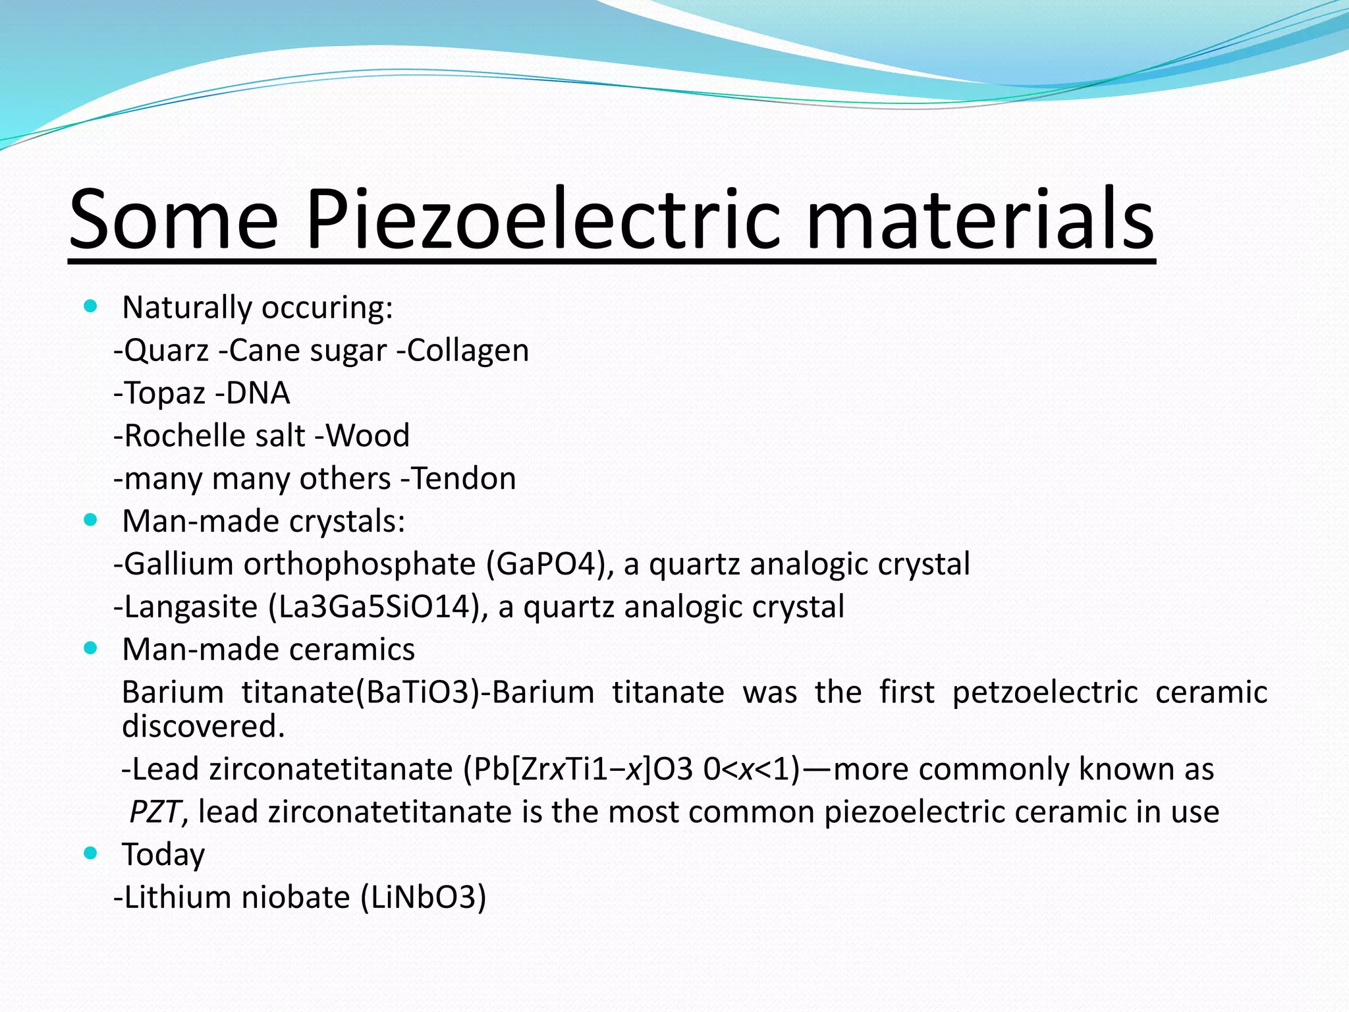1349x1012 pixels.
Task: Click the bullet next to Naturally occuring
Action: coord(91,306)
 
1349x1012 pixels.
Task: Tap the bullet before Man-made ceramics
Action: coord(91,648)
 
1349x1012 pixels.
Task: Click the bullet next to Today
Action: coord(91,854)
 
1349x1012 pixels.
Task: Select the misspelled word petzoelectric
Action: coord(1045,692)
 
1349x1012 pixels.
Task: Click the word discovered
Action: coord(203,726)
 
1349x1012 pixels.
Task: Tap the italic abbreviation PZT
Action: coord(154,812)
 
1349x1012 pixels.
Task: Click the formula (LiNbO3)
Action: coord(424,897)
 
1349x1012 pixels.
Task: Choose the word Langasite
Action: coord(191,607)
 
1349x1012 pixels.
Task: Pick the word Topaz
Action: coord(165,393)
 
